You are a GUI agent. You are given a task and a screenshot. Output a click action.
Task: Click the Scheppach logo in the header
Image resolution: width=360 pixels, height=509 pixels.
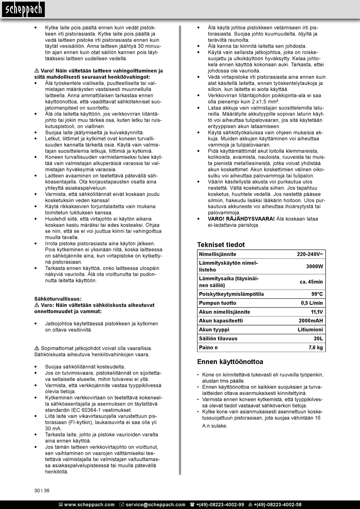23,9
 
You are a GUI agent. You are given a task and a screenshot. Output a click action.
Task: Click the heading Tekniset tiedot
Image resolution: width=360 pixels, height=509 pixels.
221,245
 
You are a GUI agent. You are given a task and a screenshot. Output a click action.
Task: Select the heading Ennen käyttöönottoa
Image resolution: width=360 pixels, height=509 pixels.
230,362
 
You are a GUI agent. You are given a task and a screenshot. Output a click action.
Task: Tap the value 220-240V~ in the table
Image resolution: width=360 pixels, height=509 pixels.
310,254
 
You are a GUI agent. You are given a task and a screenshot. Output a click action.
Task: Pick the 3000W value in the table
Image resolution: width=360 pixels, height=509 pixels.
315,266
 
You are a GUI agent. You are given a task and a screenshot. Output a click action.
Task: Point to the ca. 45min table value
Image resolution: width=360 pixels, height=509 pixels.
311,282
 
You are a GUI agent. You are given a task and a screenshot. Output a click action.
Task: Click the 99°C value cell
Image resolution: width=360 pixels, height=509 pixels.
317,294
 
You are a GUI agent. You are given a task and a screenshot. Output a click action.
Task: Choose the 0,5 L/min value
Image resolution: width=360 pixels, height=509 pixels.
312,303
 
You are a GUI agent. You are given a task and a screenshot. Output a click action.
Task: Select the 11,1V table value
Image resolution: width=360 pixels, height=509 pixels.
316,312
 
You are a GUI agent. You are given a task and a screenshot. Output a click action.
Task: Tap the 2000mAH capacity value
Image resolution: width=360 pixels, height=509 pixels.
311,321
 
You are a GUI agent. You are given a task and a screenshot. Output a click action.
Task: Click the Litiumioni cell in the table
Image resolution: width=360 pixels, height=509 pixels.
310,330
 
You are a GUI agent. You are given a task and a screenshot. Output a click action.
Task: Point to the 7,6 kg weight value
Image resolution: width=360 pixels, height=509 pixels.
315,348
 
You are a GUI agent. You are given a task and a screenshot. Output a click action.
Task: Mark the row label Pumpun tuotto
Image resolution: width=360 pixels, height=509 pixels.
218,303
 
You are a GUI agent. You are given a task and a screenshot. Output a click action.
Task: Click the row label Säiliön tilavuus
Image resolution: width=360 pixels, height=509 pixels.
218,338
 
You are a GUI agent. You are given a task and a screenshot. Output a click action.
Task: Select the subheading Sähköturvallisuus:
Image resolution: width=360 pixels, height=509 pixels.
58,299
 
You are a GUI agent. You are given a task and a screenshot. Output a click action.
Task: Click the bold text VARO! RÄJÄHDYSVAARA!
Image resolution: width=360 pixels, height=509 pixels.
241,219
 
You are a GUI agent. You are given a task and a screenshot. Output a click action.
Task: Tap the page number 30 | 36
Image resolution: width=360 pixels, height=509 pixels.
42,490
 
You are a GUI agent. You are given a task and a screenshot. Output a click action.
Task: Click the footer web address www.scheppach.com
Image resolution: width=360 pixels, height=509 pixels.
89,504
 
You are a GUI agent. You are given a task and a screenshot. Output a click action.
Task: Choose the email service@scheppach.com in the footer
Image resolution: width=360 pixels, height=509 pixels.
155,504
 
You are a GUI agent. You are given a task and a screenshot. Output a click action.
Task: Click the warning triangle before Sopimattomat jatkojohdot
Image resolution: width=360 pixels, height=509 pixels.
37,348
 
